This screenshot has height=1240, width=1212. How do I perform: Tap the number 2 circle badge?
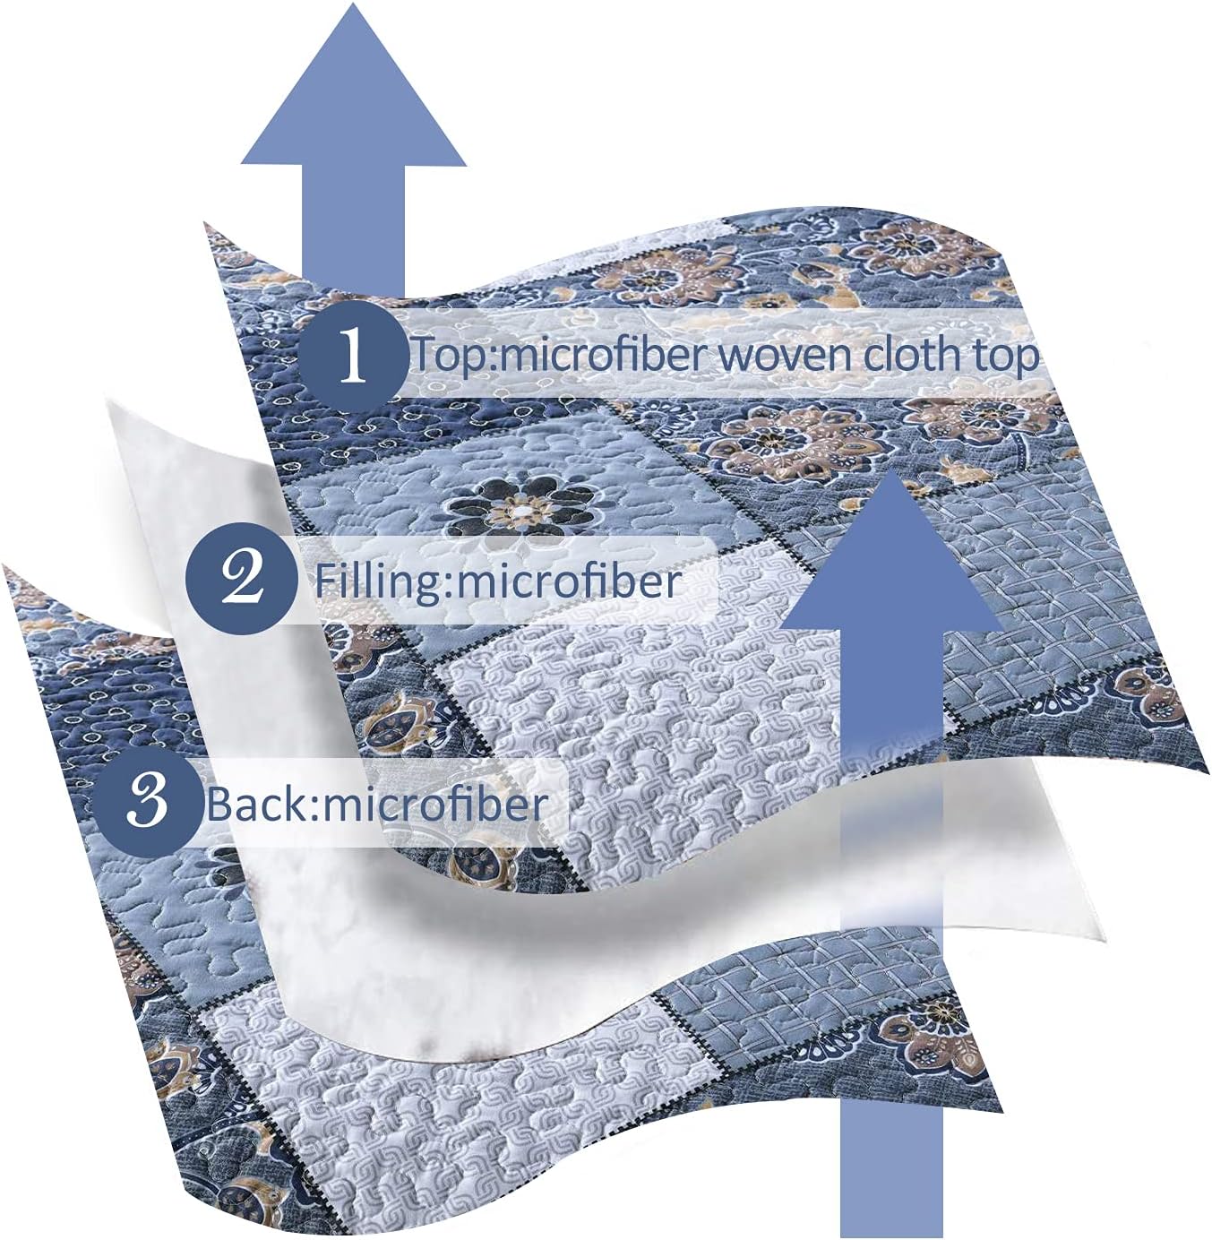pos(242,579)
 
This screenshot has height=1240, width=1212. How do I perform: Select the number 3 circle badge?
pos(148,800)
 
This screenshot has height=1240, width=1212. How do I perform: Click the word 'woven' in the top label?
pos(785,355)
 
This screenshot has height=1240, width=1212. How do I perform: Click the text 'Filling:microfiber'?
pos(497,581)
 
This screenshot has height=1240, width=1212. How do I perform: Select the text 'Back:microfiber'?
pos(377,803)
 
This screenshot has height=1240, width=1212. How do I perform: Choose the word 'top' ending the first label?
pos(1006,356)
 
